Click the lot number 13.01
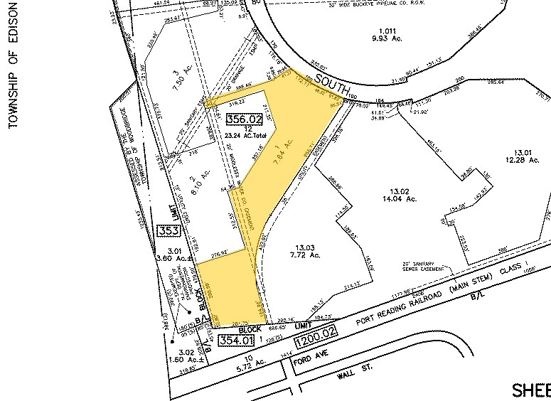tap(523, 153)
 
